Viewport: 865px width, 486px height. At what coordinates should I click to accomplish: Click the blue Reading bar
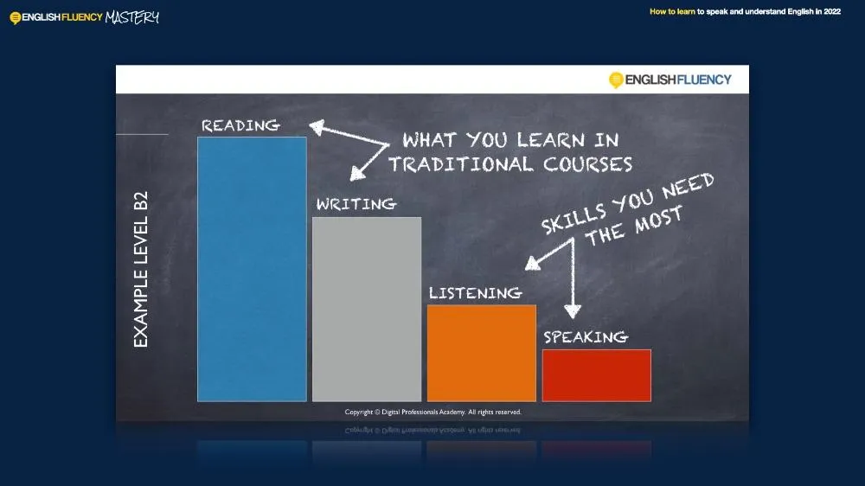(252, 269)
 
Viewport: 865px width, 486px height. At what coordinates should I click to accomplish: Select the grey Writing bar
(367, 310)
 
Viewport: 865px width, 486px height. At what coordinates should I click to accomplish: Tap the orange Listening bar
(482, 354)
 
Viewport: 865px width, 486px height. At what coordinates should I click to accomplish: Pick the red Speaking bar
(597, 375)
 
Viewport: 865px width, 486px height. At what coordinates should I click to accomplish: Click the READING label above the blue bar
(240, 125)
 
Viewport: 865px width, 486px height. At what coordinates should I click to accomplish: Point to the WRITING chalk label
(356, 204)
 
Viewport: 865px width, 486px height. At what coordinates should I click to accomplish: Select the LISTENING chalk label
(476, 293)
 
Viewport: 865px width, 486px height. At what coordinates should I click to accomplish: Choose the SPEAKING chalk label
(586, 337)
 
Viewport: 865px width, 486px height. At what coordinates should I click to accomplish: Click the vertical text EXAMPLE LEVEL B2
(141, 269)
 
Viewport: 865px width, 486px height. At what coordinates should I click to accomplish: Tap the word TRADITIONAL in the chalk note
(461, 164)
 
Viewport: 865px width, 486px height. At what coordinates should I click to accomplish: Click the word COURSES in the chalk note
(588, 164)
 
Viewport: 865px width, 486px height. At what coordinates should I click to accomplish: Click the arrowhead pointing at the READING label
(317, 128)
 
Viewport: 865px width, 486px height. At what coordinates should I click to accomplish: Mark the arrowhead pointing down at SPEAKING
(573, 311)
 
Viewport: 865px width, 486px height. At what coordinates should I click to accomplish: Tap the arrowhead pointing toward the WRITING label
(357, 174)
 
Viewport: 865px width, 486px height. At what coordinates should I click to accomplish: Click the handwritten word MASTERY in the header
(131, 17)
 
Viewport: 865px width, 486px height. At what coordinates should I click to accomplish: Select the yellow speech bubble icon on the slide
(616, 80)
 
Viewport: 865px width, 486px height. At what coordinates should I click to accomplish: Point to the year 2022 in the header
(832, 11)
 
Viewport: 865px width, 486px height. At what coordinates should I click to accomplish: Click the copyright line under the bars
(433, 412)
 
